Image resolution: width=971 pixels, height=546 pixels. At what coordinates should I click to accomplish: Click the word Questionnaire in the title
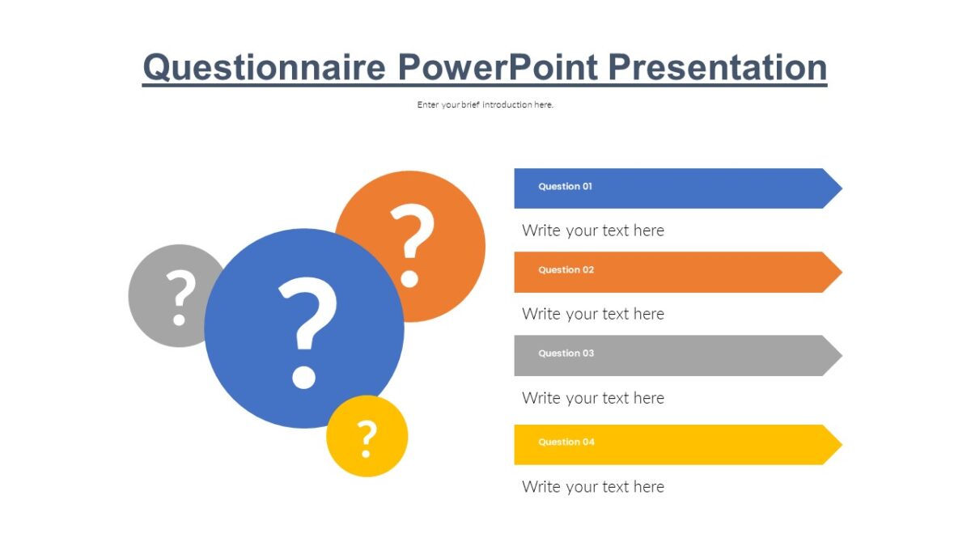point(264,68)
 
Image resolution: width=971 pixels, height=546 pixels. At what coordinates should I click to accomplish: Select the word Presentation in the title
point(718,66)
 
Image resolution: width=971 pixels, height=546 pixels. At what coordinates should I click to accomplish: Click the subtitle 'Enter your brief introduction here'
point(485,104)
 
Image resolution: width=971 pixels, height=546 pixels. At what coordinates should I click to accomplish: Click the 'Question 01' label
point(565,186)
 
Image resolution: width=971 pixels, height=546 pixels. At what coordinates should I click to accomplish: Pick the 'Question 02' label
point(566,269)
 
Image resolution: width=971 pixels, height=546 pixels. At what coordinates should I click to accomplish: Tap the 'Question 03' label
point(566,353)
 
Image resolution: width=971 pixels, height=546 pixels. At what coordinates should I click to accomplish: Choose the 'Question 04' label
point(566,442)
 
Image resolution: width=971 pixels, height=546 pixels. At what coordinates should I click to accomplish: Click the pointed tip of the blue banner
point(842,188)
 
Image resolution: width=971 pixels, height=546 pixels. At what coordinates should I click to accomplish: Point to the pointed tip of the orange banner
point(842,272)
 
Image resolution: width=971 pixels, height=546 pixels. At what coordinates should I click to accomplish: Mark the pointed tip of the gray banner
point(842,355)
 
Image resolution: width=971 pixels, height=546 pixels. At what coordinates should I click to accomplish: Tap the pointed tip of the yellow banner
point(842,445)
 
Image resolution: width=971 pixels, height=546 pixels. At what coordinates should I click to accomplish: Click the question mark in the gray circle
point(180,298)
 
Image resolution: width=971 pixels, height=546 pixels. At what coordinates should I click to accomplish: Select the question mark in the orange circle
point(411,244)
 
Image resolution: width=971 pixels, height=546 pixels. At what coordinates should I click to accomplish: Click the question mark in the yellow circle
point(367,438)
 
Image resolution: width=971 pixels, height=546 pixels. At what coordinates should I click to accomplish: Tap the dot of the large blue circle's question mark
point(303,378)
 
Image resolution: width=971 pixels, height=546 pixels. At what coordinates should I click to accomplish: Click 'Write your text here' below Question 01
point(592,231)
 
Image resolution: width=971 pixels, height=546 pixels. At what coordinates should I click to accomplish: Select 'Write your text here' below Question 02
point(592,314)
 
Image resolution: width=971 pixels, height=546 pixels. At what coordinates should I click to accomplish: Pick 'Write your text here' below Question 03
point(592,398)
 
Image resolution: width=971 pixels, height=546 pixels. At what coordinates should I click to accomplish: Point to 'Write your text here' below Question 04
point(592,487)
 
